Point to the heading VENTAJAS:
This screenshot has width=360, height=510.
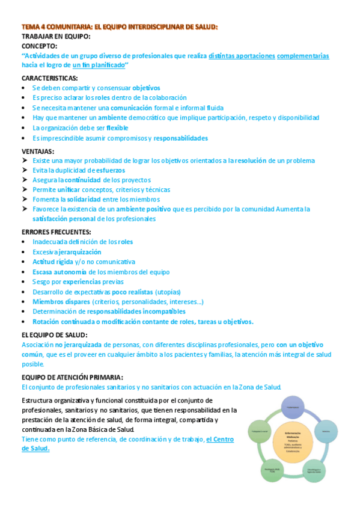click(x=38, y=151)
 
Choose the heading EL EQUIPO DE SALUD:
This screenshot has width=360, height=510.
click(x=55, y=334)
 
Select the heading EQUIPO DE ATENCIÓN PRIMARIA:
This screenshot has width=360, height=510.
click(x=72, y=376)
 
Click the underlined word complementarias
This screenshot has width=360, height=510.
click(x=303, y=56)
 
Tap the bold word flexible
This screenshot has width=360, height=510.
click(x=117, y=128)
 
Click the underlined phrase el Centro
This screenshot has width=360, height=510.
click(x=220, y=439)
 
